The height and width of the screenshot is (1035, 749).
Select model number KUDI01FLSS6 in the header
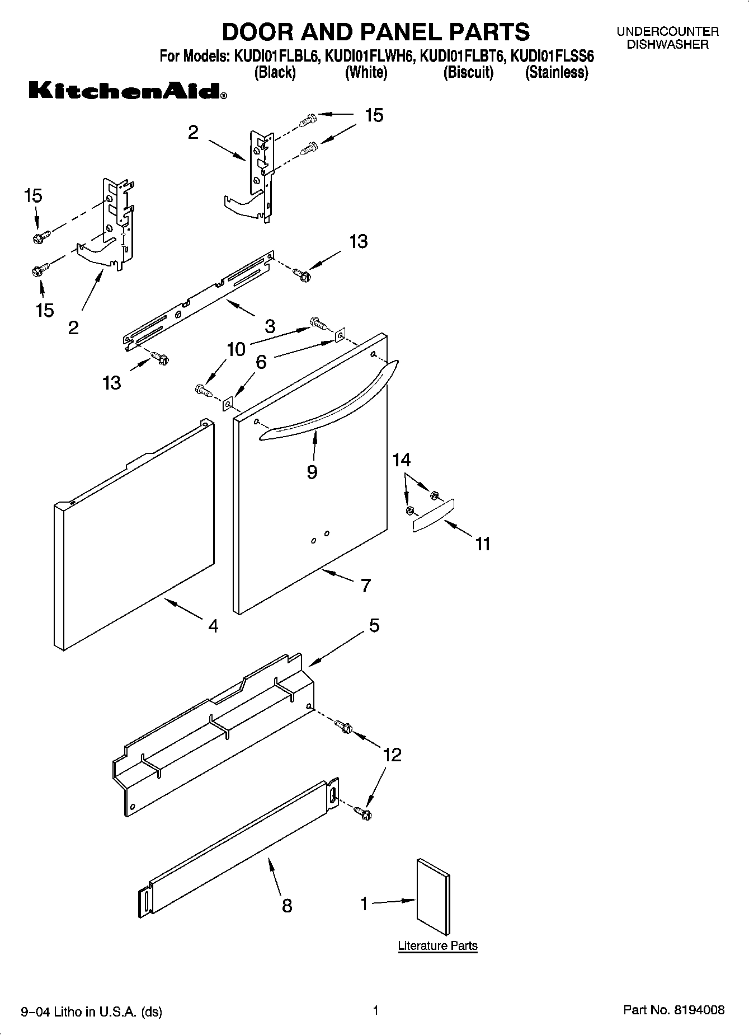(x=552, y=57)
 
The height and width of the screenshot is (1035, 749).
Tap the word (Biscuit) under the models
(x=468, y=73)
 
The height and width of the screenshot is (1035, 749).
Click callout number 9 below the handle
(x=312, y=472)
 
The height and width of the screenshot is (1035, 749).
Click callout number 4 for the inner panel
(x=213, y=625)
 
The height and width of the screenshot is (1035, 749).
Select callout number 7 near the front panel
(x=365, y=586)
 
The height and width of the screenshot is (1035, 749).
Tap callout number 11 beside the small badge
(x=482, y=544)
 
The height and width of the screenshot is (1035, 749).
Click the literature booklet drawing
(x=433, y=900)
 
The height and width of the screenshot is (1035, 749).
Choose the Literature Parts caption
(x=437, y=945)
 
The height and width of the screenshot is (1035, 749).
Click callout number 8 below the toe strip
(x=287, y=905)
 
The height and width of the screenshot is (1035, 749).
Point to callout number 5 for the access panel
(x=374, y=625)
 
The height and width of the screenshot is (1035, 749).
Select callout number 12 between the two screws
(x=392, y=755)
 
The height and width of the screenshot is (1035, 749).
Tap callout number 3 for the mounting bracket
(x=270, y=326)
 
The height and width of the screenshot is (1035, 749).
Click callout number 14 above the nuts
(x=401, y=460)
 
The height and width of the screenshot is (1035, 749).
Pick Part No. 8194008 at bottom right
(x=673, y=1010)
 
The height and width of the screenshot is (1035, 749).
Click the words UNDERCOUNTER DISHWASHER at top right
(x=667, y=38)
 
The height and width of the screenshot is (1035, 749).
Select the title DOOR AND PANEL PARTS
(x=375, y=32)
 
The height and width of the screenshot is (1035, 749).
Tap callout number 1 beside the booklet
(x=364, y=903)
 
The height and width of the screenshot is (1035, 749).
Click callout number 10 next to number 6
(x=236, y=349)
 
